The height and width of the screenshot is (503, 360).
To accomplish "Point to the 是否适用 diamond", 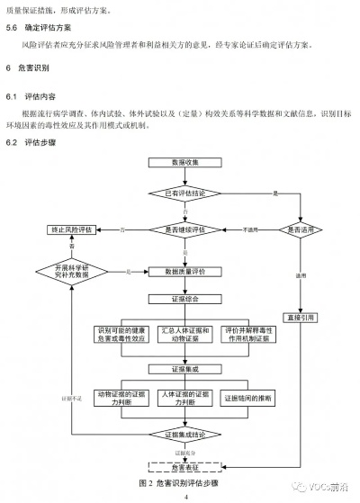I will click(x=299, y=229).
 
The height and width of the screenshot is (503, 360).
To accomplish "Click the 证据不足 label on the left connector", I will click(x=71, y=397).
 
